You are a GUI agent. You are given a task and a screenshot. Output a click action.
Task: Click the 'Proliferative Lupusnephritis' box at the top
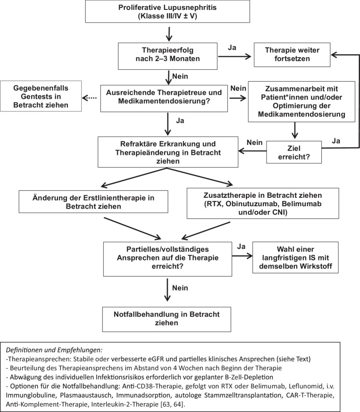point(167,11)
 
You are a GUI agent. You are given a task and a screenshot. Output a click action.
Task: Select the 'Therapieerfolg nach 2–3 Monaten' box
point(167,56)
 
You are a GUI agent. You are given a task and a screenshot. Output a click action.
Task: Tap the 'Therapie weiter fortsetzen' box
point(292,55)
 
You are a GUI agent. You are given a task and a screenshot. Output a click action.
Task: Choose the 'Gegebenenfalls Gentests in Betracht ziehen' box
point(41,96)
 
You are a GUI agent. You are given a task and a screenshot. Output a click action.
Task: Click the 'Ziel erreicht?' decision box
point(294,152)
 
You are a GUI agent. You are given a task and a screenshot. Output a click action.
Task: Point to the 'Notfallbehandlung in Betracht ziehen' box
point(167,319)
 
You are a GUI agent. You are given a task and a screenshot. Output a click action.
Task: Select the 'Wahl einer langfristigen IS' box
point(295,258)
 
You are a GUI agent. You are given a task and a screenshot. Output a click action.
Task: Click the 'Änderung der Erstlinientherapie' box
point(93,202)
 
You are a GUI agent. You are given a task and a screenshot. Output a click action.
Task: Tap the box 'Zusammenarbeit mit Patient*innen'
point(301,101)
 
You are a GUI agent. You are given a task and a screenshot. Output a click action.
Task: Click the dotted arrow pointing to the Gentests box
point(89,98)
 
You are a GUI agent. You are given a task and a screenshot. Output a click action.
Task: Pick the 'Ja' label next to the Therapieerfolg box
point(232,48)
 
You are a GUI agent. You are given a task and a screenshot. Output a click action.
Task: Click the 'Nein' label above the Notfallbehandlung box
point(180,288)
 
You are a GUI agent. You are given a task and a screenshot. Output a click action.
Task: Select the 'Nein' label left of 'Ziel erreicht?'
point(254,143)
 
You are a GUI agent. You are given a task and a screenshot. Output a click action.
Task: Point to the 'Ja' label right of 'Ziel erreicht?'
point(336,141)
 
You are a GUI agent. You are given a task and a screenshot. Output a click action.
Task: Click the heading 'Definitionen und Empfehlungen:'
point(54,350)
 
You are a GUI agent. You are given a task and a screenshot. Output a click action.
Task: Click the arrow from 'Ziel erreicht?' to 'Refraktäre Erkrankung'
point(252,151)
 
